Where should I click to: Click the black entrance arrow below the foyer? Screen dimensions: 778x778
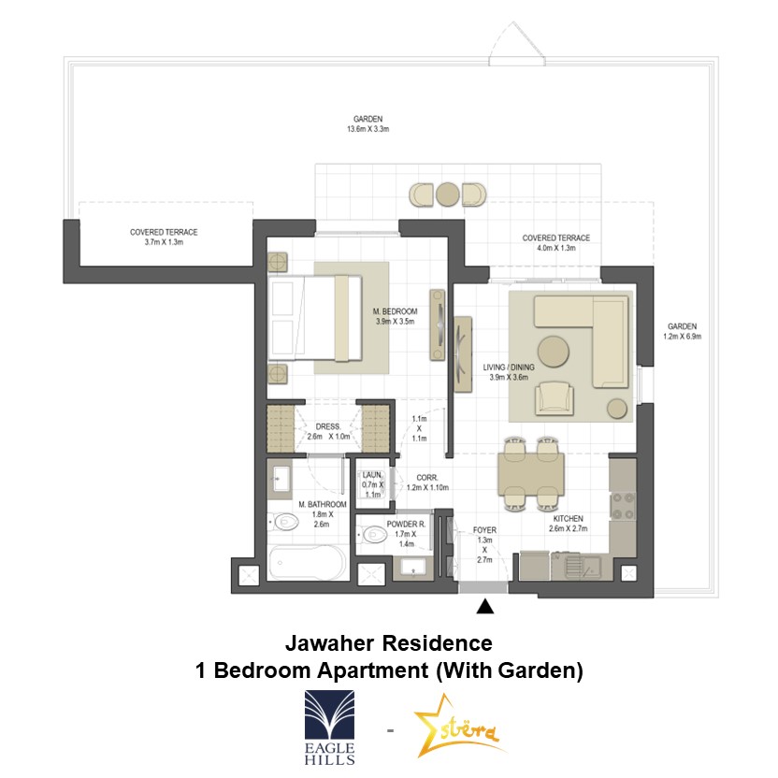pos(484,607)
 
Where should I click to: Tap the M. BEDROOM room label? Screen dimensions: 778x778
pos(395,311)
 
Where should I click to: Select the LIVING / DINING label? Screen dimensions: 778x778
pos(509,367)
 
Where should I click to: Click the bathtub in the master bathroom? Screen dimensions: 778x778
pos(307,562)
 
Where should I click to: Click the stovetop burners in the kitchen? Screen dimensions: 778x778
pos(624,506)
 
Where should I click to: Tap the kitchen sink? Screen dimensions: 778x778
pos(583,566)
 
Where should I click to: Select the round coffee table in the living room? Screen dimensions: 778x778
pos(554,352)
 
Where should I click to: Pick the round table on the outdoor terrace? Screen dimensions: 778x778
pos(448,194)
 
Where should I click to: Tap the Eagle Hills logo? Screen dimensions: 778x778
pos(329,727)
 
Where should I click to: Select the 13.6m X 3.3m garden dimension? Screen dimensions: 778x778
pos(367,129)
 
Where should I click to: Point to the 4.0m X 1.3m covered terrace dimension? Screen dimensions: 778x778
pos(556,248)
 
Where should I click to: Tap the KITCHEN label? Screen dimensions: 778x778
pos(569,518)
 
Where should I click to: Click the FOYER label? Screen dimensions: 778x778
pos(484,530)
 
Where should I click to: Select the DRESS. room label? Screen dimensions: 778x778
pos(328,426)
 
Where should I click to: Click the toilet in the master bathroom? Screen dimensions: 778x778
pos(283,522)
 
